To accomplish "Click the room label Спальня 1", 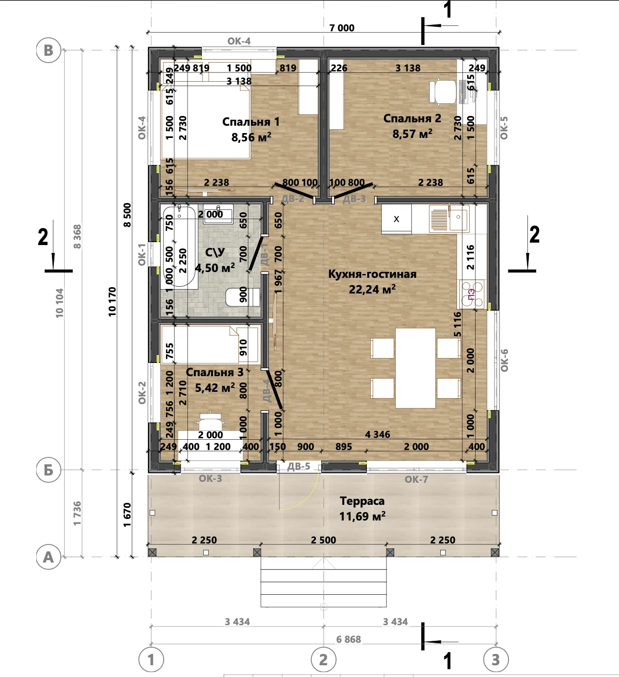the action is [251, 122].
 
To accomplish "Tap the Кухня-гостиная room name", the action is [372, 274].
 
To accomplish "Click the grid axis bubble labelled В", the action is [48, 50].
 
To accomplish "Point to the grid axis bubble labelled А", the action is [48, 557].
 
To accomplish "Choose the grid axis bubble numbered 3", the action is [496, 659].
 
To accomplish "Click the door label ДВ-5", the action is [298, 466].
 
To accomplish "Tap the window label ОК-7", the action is [416, 479].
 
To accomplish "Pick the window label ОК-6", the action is [504, 361].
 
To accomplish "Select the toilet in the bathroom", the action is [242, 297].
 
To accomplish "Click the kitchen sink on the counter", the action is [449, 219].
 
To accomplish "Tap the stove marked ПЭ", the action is [471, 294].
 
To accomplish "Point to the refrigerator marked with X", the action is [396, 219].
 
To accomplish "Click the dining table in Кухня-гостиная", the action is [415, 368].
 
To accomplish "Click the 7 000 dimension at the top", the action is [342, 28].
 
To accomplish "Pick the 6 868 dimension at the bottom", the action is [348, 639].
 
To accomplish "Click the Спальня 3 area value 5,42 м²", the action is [215, 388].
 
